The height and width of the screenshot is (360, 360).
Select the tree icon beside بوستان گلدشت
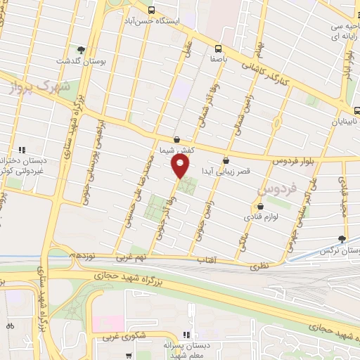click(x=82, y=50)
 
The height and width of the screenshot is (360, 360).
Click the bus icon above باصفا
click(x=218, y=49)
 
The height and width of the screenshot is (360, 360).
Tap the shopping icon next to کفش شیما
click(x=176, y=140)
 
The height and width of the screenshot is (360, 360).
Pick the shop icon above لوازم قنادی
click(x=261, y=207)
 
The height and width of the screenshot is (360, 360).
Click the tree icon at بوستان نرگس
click(x=342, y=240)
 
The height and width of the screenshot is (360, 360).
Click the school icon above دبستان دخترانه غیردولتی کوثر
click(x=23, y=149)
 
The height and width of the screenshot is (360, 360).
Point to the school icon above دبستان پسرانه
click(x=186, y=335)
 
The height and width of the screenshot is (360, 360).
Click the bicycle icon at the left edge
click(x=10, y=326)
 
